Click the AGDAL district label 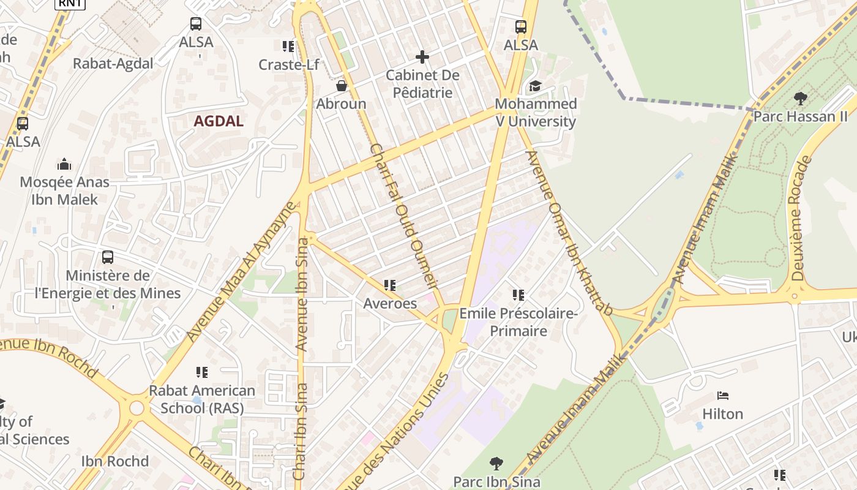(219, 121)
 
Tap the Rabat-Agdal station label (113, 64)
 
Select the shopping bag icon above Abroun (342, 86)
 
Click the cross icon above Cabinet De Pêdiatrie (422, 57)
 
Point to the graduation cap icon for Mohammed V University (536, 86)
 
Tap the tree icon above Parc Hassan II (800, 98)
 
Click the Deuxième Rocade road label (801, 218)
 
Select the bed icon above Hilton (723, 396)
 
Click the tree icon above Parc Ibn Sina (496, 464)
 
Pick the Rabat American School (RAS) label (202, 399)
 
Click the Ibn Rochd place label (115, 461)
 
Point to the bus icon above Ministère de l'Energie (108, 257)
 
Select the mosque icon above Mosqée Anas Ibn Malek (64, 164)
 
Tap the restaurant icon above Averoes (390, 285)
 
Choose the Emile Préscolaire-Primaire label (519, 322)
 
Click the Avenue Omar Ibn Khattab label (569, 233)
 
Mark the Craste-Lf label (288, 64)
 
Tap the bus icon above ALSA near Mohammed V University (521, 27)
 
